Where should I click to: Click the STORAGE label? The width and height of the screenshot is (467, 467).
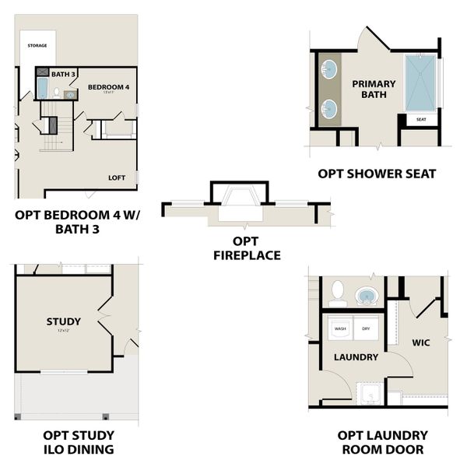(37, 46)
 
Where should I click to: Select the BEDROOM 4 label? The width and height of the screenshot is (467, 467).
(109, 86)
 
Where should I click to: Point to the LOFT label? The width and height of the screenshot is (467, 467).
(117, 177)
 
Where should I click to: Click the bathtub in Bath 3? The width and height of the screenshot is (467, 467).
(43, 88)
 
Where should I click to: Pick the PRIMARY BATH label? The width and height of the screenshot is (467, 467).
(368, 89)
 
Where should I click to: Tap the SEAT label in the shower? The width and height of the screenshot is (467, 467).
(421, 120)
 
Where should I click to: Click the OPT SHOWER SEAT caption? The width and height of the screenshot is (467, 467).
(377, 174)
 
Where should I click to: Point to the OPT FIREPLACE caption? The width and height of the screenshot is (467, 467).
(246, 248)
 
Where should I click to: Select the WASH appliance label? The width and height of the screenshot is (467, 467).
(340, 328)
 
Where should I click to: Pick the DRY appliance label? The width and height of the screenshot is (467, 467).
(366, 328)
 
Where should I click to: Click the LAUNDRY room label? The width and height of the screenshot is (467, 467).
(356, 357)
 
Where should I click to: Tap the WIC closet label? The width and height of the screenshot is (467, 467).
(421, 342)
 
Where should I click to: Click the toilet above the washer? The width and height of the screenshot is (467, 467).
(338, 293)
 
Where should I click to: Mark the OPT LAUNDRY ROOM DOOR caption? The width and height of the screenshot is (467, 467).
(381, 442)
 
